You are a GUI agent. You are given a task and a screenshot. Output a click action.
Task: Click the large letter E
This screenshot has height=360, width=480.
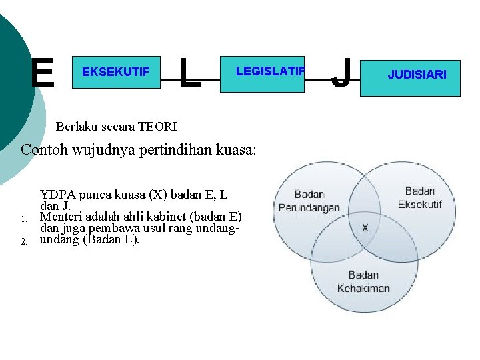point(43,73)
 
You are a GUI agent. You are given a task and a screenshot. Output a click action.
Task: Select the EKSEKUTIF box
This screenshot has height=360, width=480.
point(116,72)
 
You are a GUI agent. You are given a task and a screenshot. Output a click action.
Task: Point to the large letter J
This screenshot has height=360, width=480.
point(341,73)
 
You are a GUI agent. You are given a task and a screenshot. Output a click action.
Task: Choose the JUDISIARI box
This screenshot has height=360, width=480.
point(417,75)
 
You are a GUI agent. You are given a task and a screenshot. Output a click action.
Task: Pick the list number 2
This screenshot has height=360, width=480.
point(23,241)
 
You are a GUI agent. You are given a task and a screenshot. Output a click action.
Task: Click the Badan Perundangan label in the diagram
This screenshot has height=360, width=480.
point(309,201)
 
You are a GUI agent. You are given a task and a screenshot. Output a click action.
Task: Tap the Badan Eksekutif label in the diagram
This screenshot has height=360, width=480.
point(420,197)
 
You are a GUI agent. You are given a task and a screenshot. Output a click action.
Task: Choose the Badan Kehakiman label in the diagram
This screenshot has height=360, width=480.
point(363,281)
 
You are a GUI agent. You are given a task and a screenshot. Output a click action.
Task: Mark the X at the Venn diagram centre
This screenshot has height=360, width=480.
point(365,227)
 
